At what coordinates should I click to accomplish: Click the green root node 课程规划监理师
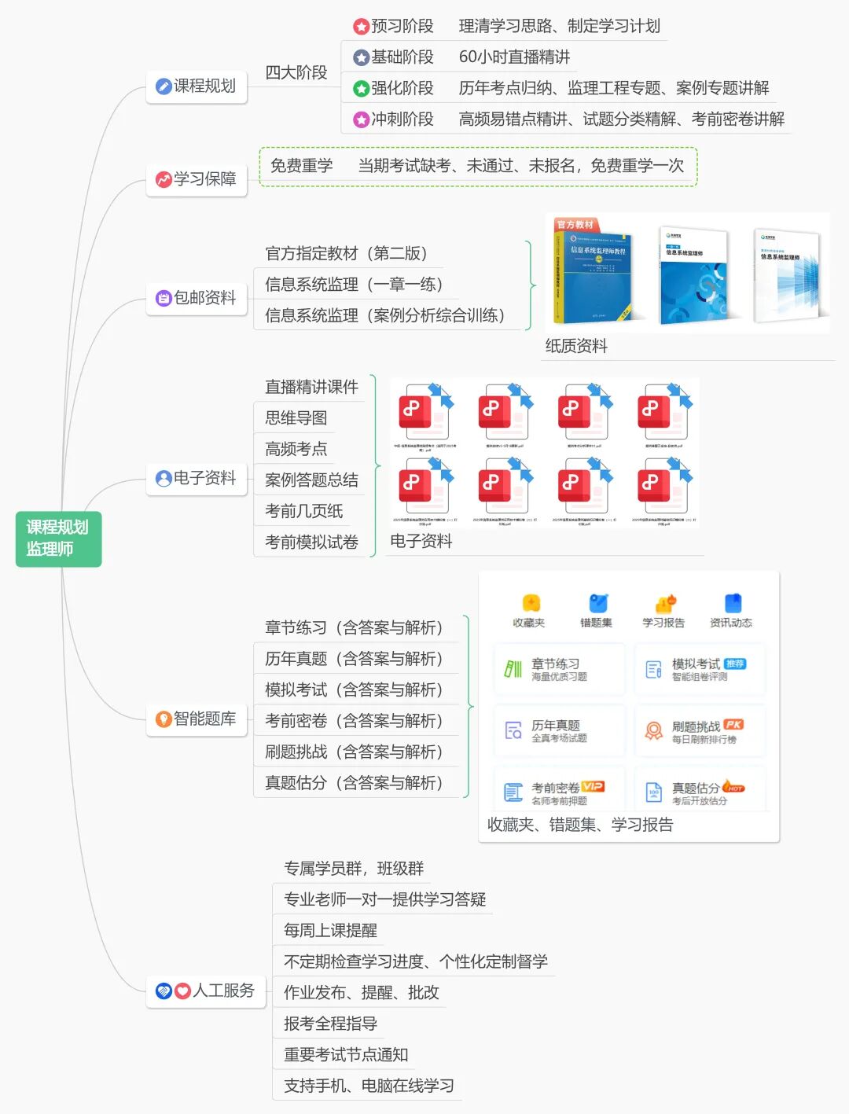click(x=58, y=539)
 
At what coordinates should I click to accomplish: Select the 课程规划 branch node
click(x=197, y=86)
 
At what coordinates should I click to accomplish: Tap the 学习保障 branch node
click(x=197, y=179)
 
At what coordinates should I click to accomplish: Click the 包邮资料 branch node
click(x=197, y=298)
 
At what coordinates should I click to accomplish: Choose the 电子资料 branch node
click(x=197, y=478)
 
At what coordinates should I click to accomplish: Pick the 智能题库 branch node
click(x=197, y=719)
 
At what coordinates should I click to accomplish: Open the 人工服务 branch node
click(x=206, y=991)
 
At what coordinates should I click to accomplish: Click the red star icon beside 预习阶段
click(x=361, y=27)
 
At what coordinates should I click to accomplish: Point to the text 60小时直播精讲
click(x=514, y=57)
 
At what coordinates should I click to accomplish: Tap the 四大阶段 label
click(x=296, y=72)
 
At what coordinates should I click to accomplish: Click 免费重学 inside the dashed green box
click(x=301, y=166)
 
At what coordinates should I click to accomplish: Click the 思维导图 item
click(x=296, y=418)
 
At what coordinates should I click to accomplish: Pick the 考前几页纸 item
click(x=303, y=511)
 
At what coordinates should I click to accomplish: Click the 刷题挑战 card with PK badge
click(x=700, y=731)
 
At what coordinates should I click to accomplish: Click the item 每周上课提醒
click(x=330, y=931)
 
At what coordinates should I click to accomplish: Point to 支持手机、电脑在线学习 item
click(x=369, y=1086)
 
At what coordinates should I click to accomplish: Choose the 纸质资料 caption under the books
click(x=576, y=346)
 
